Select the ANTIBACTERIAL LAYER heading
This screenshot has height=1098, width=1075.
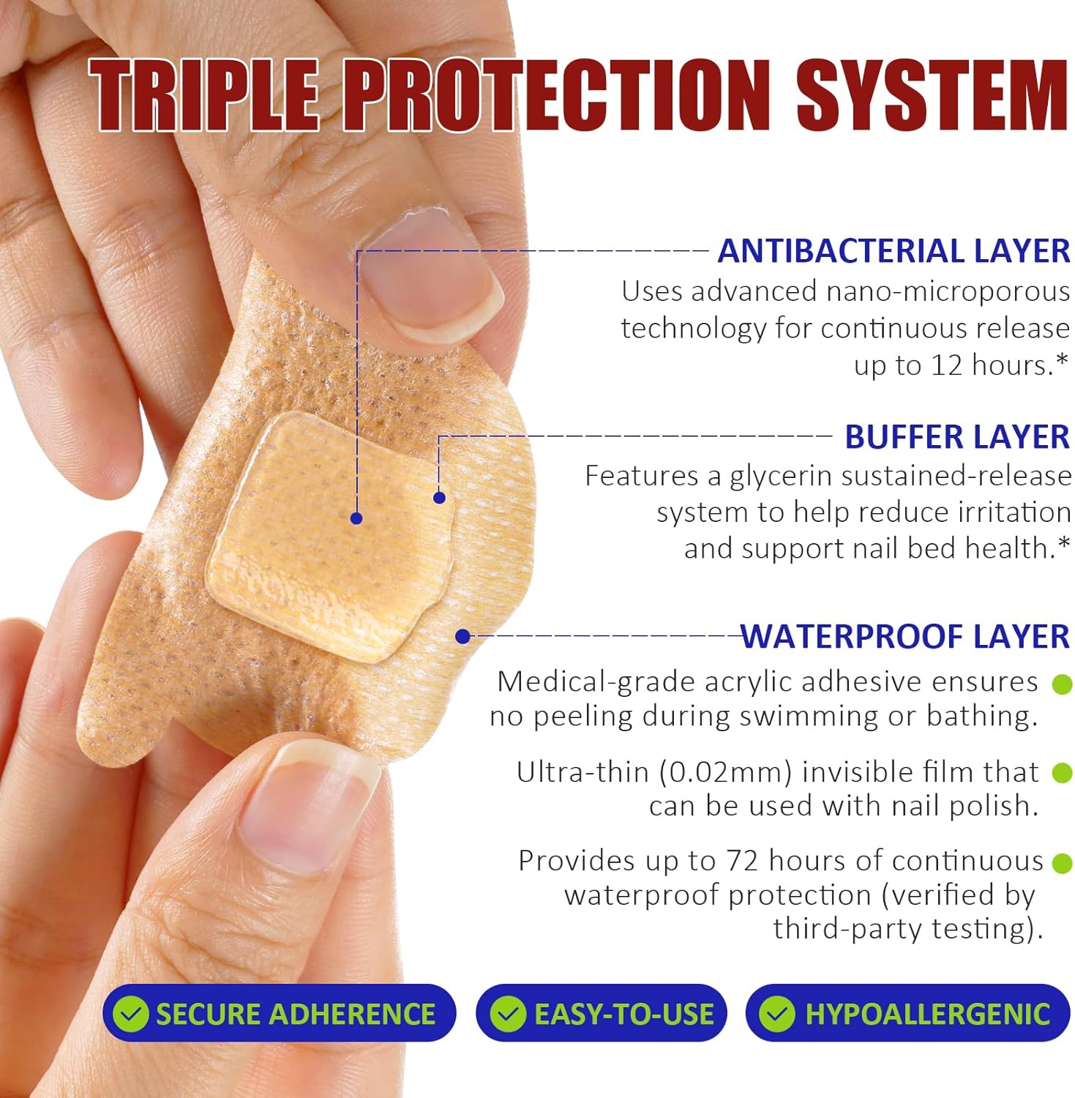[x=894, y=251]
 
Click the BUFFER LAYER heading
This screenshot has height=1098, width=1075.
[x=957, y=437]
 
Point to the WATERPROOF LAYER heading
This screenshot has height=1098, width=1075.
[x=905, y=636]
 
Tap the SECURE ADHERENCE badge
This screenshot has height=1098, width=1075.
[x=279, y=1014]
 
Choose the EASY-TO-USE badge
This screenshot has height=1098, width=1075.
[x=601, y=1014]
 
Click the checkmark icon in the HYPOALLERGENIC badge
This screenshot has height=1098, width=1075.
[x=776, y=1015]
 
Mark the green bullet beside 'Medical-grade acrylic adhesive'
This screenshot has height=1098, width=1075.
[x=1062, y=684]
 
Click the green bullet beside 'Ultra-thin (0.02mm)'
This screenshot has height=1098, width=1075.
[x=1062, y=773]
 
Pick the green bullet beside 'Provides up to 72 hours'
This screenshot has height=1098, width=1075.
[x=1062, y=863]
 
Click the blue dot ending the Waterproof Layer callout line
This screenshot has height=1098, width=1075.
[x=462, y=637]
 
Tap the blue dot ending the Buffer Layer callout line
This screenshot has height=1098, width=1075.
[x=439, y=498]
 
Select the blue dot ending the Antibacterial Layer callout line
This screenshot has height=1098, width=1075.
[x=356, y=518]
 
